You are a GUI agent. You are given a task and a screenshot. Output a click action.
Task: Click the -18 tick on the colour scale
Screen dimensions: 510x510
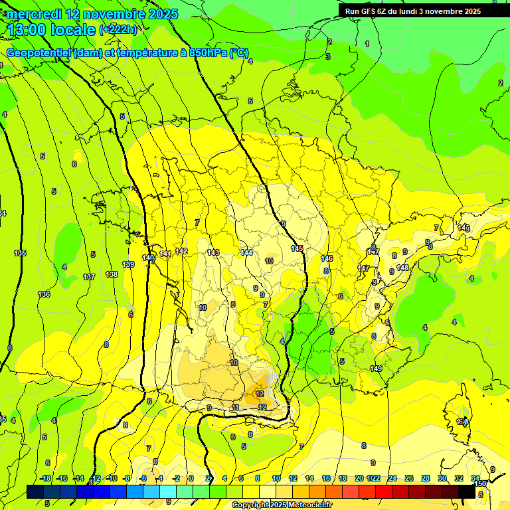point(46,478)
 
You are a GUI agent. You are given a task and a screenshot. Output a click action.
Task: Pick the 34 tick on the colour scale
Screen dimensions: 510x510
point(475,478)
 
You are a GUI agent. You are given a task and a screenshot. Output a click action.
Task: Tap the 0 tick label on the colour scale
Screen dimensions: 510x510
point(191,478)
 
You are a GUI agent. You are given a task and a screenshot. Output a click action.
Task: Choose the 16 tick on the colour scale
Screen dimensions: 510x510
point(326,478)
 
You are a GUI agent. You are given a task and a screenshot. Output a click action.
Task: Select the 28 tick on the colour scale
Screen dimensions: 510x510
point(425,478)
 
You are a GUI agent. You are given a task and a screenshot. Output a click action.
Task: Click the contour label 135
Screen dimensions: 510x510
point(20,253)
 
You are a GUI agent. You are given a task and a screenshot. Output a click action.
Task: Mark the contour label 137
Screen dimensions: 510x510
point(89,277)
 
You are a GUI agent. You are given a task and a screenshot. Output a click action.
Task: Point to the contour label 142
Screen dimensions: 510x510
point(181,251)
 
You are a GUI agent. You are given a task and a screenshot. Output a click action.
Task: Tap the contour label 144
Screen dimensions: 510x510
point(246,252)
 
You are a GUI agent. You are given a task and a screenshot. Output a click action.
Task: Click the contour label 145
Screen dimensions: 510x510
point(297,248)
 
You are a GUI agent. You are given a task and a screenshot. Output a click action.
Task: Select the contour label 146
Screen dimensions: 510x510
point(327,258)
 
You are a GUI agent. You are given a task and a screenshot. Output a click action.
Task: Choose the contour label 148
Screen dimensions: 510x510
point(402,268)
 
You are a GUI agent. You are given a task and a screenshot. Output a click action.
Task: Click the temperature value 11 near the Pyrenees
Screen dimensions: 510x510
point(235,407)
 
